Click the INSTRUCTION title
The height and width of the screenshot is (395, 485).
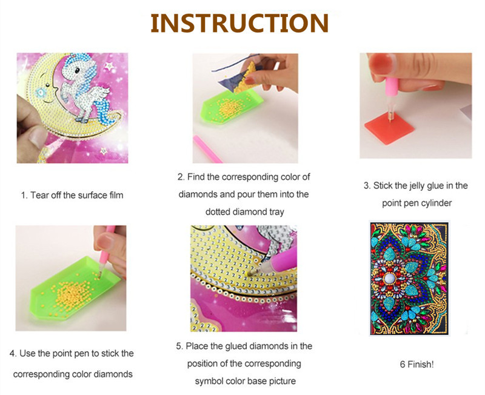(239, 23)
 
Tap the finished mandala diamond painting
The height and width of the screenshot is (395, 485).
(410, 278)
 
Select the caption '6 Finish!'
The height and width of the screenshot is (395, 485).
(416, 364)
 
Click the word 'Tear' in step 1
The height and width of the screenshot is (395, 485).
(38, 195)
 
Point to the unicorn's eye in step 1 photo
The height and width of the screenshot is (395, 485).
(76, 70)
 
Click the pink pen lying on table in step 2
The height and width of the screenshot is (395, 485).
(207, 149)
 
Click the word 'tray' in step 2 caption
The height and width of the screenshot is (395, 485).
(276, 212)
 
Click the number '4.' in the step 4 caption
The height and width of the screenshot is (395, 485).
(13, 354)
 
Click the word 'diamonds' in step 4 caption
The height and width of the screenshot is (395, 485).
(113, 374)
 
